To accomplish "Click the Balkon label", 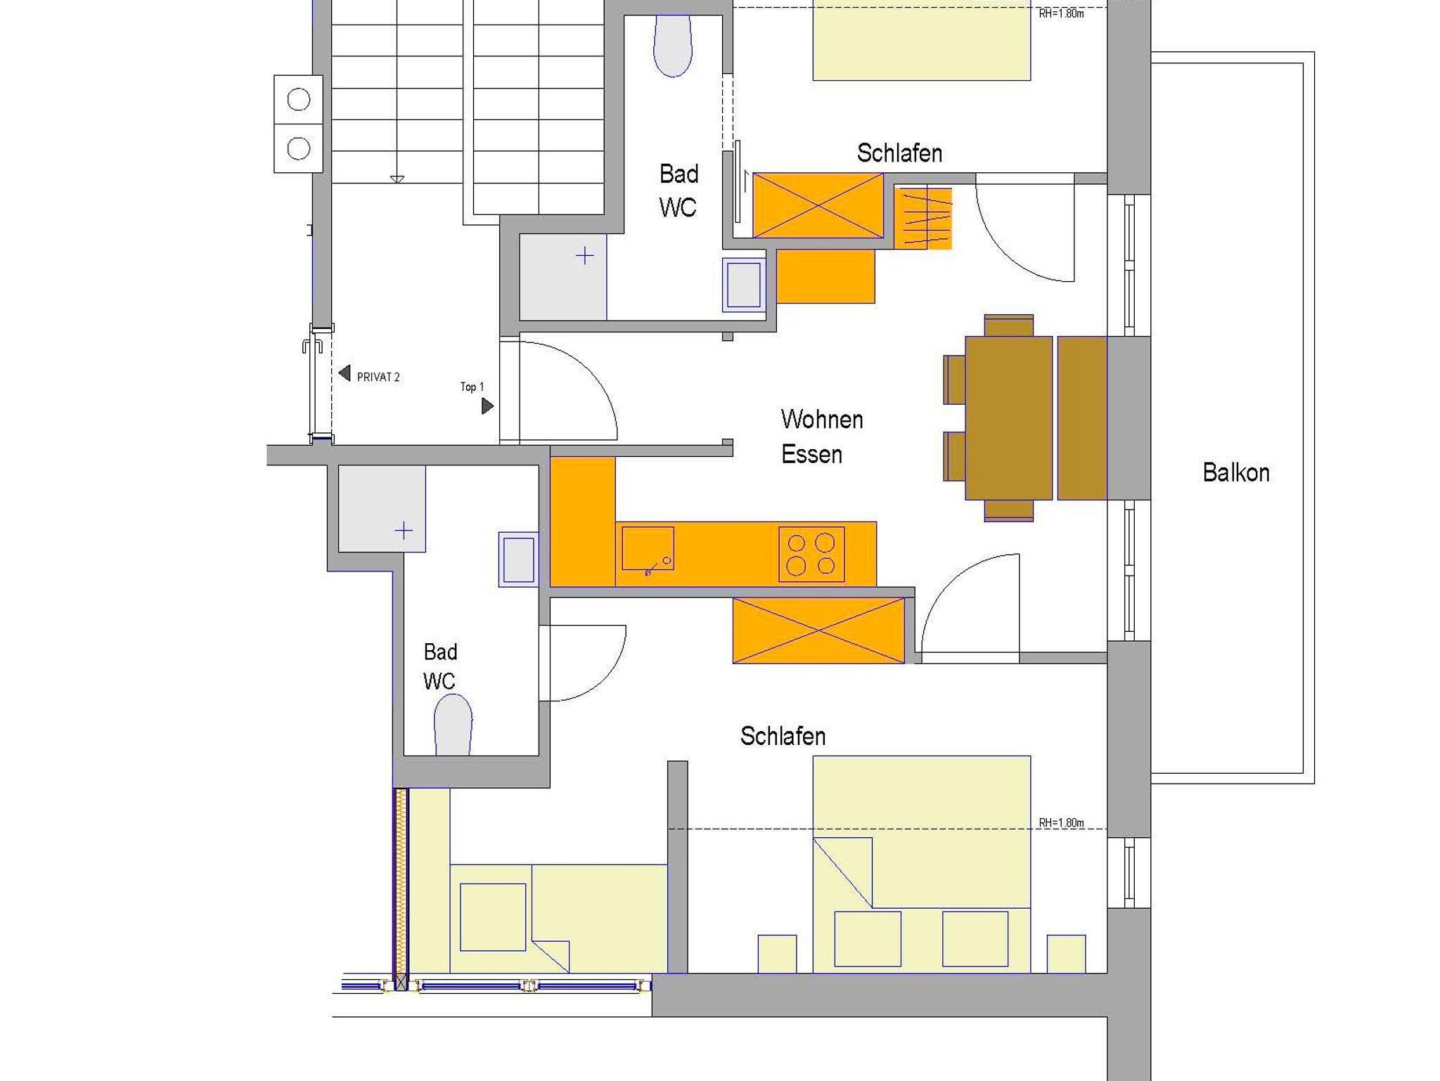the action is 1236,472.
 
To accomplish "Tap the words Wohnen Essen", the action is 821,436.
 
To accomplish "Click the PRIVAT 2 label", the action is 378,377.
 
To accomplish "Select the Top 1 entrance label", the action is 472,387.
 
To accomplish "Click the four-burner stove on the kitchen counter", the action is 811,555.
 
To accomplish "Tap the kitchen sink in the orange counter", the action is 648,549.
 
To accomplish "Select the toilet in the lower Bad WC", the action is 453,725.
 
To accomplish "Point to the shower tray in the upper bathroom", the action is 562,277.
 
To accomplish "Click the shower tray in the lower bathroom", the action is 382,508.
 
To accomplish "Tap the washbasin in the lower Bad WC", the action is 518,559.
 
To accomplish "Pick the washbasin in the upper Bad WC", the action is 744,285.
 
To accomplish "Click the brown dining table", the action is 1008,418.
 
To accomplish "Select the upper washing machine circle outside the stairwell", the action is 299,100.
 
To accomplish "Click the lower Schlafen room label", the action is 783,736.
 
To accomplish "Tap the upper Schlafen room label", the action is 899,153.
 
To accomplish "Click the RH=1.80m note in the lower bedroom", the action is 1061,823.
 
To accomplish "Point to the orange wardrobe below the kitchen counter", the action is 818,630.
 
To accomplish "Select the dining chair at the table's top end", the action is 1009,325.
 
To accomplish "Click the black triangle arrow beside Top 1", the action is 487,406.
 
